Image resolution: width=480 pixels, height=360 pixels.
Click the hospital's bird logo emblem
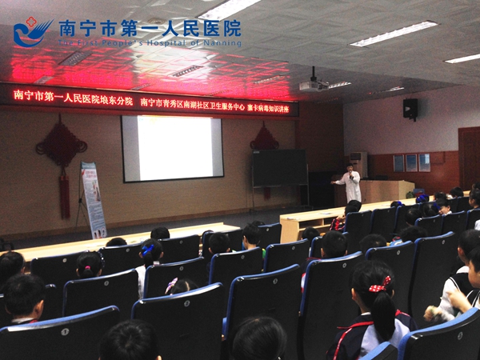(30, 33)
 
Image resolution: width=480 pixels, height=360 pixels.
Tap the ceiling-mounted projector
(313, 84)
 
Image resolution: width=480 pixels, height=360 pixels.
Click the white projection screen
(172, 148)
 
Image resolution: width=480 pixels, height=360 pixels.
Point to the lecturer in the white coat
(350, 185)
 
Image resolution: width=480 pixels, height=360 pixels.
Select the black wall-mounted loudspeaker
(410, 108)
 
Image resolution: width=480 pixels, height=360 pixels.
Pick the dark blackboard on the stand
(279, 168)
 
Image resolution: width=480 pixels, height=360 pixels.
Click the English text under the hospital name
(149, 42)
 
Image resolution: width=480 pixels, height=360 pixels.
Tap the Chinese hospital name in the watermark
(149, 27)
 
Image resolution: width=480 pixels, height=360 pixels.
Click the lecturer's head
(350, 169)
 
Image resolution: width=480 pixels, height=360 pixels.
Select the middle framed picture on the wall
(411, 162)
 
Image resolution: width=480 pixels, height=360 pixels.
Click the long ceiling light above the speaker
(394, 34)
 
